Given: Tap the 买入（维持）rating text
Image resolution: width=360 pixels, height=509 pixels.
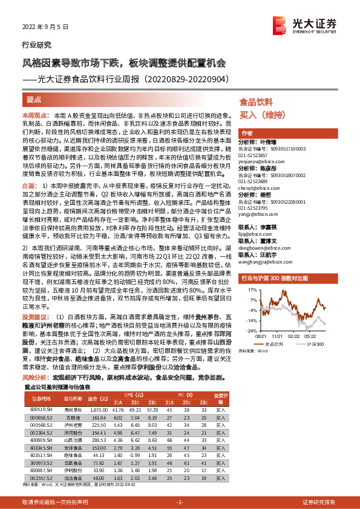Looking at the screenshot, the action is (258, 114).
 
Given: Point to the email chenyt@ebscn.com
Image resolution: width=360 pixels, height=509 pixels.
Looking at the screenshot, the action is (256, 188).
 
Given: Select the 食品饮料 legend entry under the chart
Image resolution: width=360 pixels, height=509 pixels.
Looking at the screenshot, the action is (276, 343).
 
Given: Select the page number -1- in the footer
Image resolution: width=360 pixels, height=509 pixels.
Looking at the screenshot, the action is (180, 502).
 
